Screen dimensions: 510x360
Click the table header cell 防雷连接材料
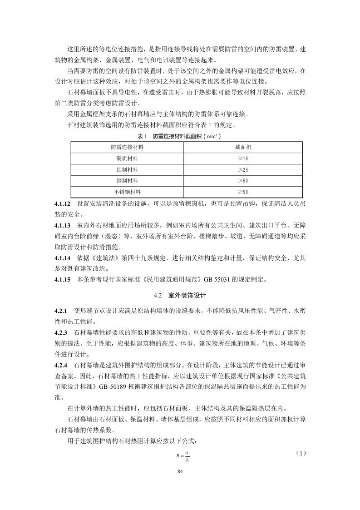point(127,147)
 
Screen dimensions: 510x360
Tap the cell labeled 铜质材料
point(127,158)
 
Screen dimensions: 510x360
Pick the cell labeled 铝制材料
point(127,169)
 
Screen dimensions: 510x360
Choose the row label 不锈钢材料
point(127,192)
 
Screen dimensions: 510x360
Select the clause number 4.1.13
point(62,226)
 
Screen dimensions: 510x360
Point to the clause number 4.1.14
point(62,258)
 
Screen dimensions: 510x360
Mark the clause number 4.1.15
point(62,280)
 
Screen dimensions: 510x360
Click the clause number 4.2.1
point(60,311)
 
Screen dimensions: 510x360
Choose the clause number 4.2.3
point(60,332)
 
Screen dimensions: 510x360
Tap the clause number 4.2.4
point(60,365)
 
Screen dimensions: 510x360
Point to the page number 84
point(180,472)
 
